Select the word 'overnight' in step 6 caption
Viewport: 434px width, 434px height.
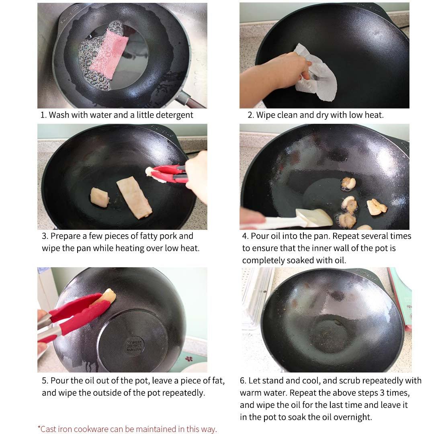pos(353,417)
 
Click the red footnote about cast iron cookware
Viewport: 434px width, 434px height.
pos(127,429)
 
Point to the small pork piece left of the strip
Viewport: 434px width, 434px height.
pos(99,197)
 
